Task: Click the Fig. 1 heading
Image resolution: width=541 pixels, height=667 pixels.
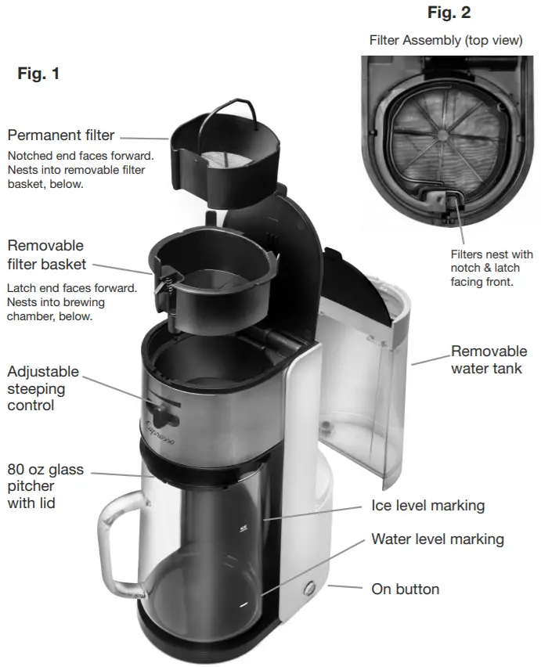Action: (x=38, y=75)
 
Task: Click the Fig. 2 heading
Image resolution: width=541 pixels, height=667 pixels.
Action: (x=449, y=13)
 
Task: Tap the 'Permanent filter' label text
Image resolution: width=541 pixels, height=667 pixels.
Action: (x=61, y=135)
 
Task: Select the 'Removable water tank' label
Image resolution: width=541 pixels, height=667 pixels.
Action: (x=489, y=359)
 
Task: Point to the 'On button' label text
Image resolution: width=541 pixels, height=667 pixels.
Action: (x=405, y=589)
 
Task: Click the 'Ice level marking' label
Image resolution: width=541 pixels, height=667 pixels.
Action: (x=427, y=506)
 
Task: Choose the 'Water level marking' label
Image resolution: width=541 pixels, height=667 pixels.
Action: (x=437, y=539)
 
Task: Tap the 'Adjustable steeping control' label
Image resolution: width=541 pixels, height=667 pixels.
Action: (x=36, y=388)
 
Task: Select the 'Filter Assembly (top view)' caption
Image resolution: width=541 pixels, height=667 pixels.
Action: (x=445, y=41)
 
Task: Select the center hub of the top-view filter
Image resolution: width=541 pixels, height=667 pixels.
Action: (x=444, y=135)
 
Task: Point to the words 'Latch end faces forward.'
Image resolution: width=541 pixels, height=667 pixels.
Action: (x=71, y=288)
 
